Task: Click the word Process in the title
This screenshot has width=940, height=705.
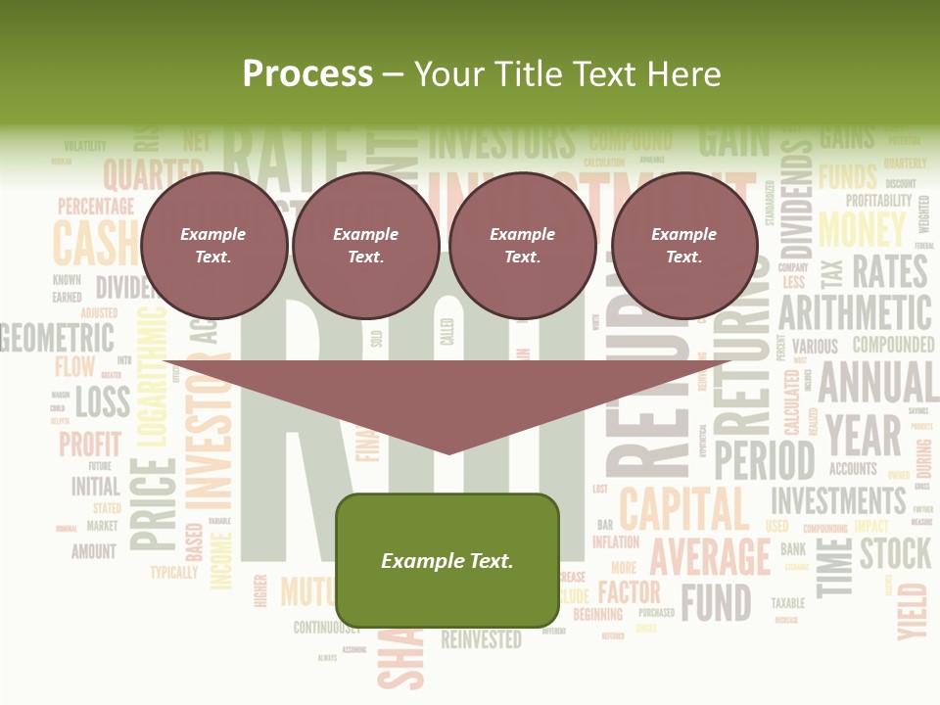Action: (307, 73)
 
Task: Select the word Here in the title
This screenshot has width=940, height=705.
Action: (686, 73)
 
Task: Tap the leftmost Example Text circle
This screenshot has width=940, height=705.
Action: (213, 246)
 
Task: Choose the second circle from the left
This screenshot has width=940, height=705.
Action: (365, 246)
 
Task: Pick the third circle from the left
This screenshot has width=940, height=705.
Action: (522, 246)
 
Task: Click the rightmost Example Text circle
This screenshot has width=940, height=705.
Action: (683, 246)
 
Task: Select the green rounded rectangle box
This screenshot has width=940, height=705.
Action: (447, 560)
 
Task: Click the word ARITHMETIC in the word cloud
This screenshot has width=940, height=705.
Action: (855, 314)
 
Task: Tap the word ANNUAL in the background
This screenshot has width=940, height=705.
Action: (877, 382)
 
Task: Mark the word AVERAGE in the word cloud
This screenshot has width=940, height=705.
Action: (710, 556)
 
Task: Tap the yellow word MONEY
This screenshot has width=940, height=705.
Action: (862, 230)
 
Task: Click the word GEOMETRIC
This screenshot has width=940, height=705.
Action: (57, 339)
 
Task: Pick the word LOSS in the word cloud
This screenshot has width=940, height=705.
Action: (103, 401)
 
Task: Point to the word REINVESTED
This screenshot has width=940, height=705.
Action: (481, 640)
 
